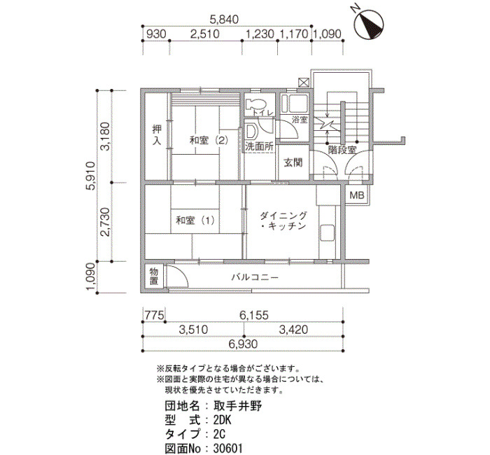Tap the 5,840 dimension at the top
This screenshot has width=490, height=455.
[x=224, y=20]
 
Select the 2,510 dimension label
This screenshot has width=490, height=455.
[x=205, y=34]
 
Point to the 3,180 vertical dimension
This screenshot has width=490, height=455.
[x=105, y=136]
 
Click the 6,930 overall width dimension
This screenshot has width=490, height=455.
[x=243, y=344]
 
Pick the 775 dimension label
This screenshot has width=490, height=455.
[x=154, y=315]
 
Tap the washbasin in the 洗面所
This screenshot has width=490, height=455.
[x=251, y=132]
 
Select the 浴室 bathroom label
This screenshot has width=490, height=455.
[x=300, y=119]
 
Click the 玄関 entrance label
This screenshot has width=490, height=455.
[x=293, y=162]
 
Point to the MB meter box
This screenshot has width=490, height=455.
[x=357, y=195]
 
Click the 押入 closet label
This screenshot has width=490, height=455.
[x=157, y=134]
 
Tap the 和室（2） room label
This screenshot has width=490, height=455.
[x=209, y=140]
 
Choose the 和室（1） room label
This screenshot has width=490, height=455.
[x=195, y=220]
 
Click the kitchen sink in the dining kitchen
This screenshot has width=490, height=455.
[x=327, y=233]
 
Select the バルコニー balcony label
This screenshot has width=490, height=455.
[x=255, y=277]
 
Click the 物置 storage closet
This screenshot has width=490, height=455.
[x=154, y=276]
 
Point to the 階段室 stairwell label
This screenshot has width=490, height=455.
[x=342, y=150]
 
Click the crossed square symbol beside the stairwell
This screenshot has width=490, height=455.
[x=304, y=83]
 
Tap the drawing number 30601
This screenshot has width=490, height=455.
[x=227, y=449]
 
